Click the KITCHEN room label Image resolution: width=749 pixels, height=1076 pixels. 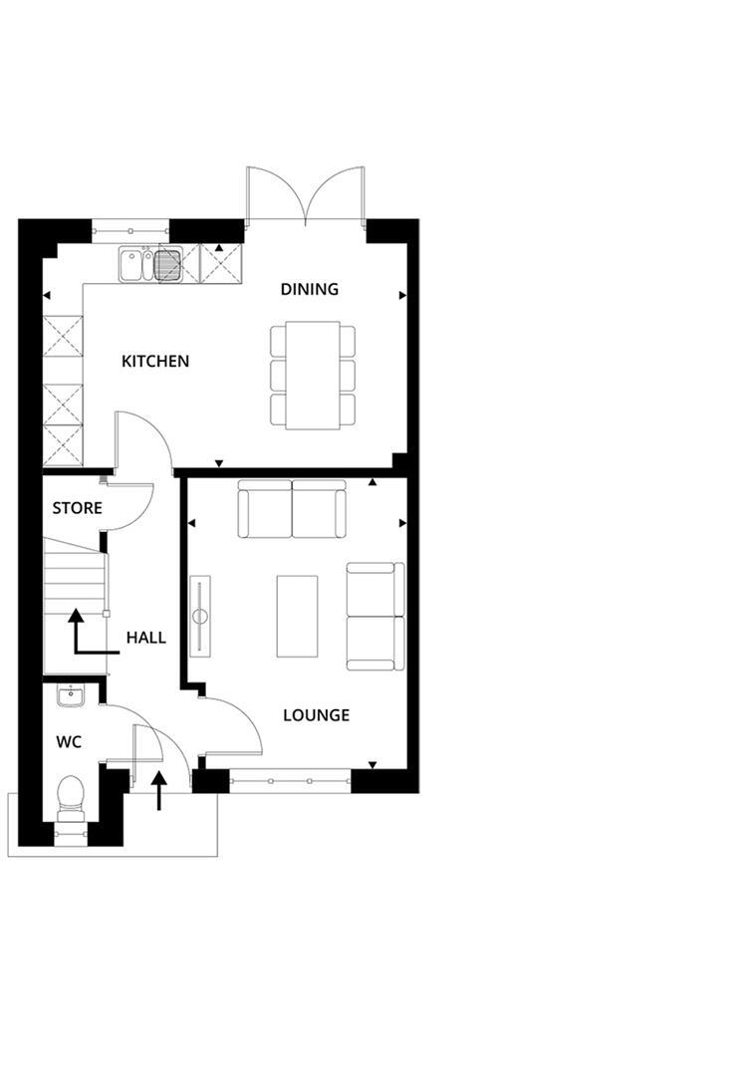click(155, 361)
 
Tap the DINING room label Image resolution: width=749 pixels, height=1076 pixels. click(309, 289)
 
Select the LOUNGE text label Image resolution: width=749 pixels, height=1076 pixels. click(316, 715)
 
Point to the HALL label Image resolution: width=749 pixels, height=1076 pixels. click(145, 638)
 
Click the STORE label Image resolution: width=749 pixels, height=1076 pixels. click(77, 508)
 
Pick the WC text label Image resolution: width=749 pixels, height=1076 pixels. click(69, 742)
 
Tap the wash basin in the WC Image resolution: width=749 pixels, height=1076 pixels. click(70, 696)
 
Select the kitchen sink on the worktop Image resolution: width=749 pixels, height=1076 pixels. click(150, 265)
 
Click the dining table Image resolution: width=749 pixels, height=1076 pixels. click(312, 375)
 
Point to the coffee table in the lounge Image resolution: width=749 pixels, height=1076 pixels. click(297, 616)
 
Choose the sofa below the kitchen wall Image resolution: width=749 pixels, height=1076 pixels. click(291, 509)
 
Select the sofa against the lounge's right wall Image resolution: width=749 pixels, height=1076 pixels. click(375, 616)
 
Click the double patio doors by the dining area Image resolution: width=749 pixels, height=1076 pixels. click(308, 195)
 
